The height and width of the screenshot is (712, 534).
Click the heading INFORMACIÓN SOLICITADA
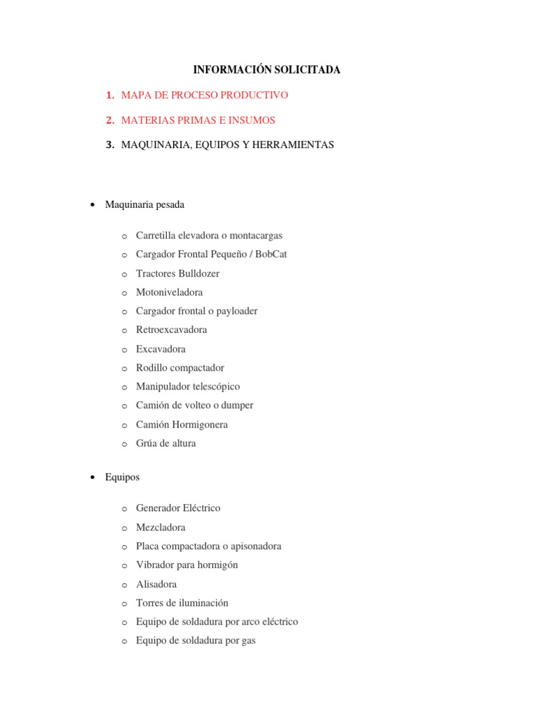(x=266, y=70)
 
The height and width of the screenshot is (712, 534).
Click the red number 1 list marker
(x=109, y=95)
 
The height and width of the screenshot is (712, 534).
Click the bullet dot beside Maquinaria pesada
(x=92, y=205)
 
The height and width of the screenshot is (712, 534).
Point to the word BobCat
(x=271, y=254)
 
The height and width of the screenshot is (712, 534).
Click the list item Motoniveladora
(x=170, y=292)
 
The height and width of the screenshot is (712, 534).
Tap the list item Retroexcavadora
(x=171, y=330)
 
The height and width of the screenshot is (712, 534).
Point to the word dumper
(x=238, y=405)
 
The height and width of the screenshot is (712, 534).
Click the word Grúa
(x=147, y=444)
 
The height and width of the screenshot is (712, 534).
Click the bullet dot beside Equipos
(x=92, y=478)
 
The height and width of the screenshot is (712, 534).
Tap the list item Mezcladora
(x=161, y=528)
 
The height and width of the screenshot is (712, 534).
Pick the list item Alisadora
(x=156, y=585)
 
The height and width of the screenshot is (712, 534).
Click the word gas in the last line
(x=248, y=641)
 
